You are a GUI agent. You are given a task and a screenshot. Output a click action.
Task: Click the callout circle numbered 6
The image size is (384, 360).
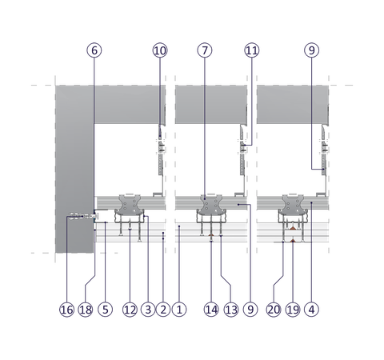pos(94,50)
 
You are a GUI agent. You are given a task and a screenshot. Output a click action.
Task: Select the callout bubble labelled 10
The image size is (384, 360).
pos(160,50)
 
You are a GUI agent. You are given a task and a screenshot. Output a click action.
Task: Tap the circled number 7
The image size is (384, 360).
pos(205,50)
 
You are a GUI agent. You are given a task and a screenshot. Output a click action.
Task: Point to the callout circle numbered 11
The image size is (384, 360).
pos(252,50)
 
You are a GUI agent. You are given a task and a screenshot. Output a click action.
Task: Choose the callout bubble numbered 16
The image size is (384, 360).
pos(66,310)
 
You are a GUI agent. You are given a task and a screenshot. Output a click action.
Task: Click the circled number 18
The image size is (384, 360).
pos(86,310)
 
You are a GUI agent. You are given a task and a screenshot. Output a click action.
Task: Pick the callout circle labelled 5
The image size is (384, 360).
pos(106,310)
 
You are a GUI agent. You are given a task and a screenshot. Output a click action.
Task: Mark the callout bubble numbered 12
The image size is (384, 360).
pos(130,310)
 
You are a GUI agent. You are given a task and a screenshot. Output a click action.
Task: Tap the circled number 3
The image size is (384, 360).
pos(148,310)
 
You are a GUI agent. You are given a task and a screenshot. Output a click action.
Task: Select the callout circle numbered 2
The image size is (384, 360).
pos(163,310)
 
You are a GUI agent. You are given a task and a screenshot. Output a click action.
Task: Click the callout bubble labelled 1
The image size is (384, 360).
pos(179,310)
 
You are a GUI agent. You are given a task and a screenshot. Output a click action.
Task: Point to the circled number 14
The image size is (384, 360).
pos(211,310)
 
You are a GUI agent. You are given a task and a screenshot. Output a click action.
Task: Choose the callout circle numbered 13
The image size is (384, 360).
pos(231,310)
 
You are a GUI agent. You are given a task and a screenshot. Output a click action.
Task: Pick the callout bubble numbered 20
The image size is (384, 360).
pos(274,310)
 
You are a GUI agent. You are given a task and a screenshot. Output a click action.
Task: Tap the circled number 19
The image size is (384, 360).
pos(293,310)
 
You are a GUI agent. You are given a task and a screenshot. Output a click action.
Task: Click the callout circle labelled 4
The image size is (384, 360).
pos(311,310)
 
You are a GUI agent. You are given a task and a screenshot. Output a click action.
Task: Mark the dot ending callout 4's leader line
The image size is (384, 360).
pos(311,202)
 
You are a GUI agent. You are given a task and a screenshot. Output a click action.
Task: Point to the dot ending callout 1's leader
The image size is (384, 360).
pos(179,226)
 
